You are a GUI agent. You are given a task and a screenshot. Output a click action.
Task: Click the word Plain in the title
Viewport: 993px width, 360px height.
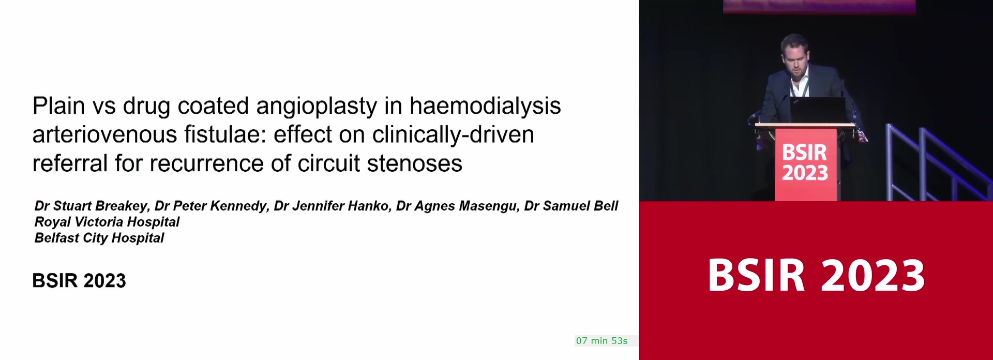[x=59, y=106]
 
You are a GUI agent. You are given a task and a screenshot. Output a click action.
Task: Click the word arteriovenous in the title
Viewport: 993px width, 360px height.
[x=105, y=134]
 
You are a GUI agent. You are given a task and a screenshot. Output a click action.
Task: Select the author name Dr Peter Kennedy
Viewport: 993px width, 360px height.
[x=212, y=206]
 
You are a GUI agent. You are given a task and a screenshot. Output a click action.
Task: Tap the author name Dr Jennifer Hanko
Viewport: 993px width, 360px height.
[x=333, y=206]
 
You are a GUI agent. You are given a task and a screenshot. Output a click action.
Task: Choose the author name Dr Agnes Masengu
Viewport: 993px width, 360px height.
[x=458, y=206]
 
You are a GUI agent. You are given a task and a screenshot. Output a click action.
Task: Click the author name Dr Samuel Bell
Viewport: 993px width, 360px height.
[x=571, y=206]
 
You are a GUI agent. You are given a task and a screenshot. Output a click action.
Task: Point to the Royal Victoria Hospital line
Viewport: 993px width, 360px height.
[x=107, y=222]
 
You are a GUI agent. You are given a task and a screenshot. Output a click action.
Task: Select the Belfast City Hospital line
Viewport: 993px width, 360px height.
[x=99, y=238]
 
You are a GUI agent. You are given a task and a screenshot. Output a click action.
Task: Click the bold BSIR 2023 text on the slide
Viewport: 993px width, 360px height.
[x=79, y=281]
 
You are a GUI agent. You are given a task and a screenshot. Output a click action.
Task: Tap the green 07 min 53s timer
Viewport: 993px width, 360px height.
[x=602, y=341]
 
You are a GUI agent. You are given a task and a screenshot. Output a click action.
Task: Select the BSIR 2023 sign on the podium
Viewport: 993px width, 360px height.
[x=805, y=162]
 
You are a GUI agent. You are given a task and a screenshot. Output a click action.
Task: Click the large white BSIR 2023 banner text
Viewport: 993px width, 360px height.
[x=816, y=275]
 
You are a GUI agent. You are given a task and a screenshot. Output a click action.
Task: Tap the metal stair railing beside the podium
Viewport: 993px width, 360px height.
[x=931, y=163]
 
